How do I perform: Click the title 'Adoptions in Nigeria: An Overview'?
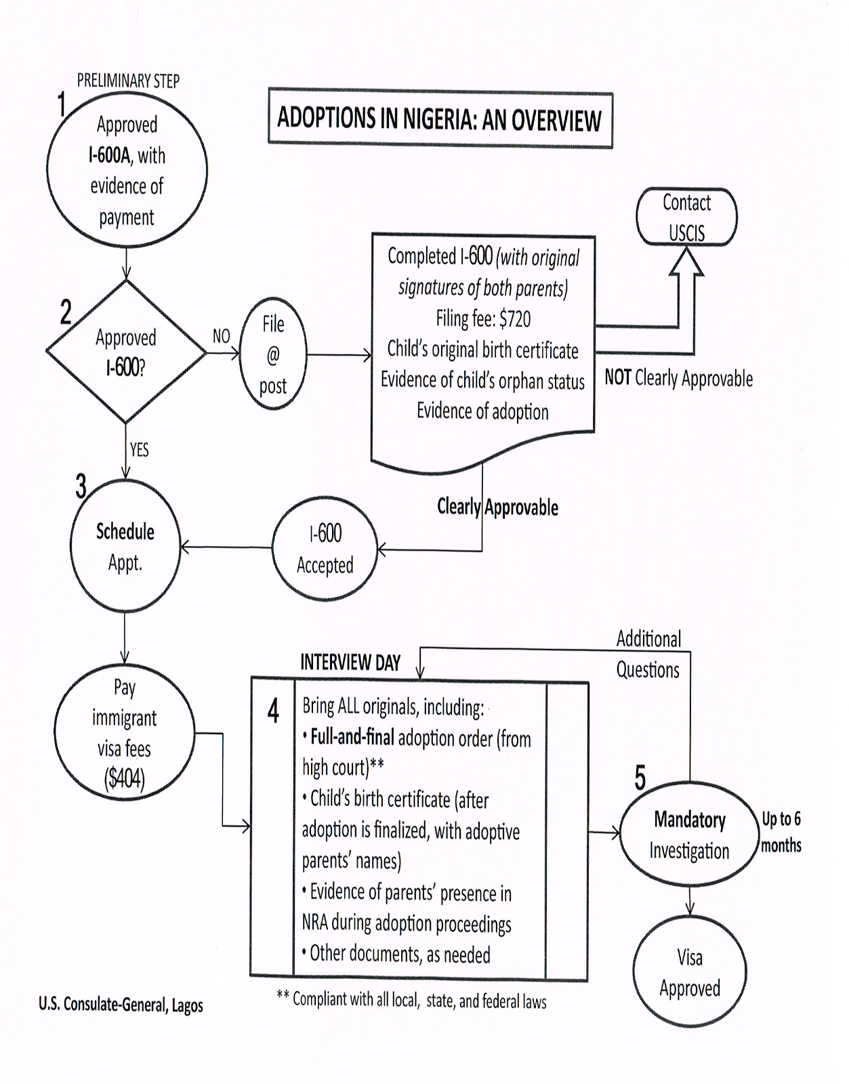440,119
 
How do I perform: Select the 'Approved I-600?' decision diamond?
126,352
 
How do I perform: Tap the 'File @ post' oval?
273,354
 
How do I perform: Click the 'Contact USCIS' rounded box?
686,217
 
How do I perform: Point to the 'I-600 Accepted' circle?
325,549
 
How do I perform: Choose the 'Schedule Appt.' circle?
125,547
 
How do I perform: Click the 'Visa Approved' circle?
689,972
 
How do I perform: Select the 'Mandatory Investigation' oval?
689,835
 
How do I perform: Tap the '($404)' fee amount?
124,780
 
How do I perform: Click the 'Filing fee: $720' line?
482,318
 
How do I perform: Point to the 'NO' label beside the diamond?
221,336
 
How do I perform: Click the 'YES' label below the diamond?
139,450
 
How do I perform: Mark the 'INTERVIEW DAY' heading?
350,663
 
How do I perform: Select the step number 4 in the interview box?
273,711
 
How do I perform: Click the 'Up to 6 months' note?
781,832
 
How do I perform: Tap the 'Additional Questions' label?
648,654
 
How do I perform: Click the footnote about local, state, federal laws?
411,1000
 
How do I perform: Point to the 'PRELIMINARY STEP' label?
128,81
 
